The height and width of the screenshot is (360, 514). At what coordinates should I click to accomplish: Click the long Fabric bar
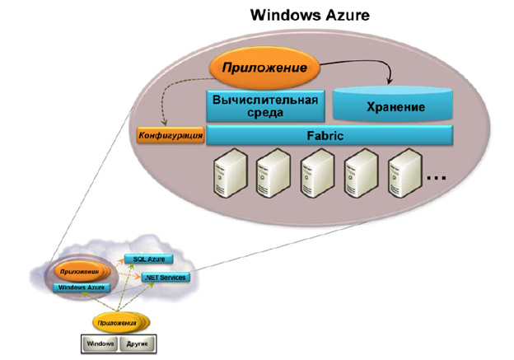[x=329, y=135]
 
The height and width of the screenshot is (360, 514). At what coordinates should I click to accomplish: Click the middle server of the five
[x=315, y=173]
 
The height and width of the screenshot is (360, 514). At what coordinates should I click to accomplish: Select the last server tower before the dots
[x=404, y=173]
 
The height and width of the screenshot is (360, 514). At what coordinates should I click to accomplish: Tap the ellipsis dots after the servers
[x=437, y=176]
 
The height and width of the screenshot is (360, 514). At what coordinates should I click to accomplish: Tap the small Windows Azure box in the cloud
[x=81, y=288]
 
